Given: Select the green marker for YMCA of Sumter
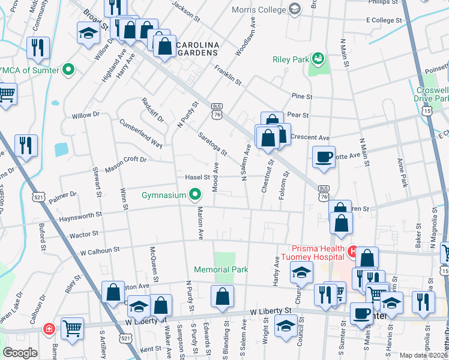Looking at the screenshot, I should click(68, 70).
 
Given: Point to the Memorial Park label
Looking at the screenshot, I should click(220, 270).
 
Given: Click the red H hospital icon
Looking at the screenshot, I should click(353, 249).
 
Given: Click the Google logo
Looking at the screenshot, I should click(20, 353).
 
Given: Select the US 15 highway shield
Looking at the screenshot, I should click(427, 111).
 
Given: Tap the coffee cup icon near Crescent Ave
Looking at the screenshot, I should click(324, 157).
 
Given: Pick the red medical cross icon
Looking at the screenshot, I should click(48, 329).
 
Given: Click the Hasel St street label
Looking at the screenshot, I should click(196, 177).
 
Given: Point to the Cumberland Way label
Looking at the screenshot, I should click(140, 134).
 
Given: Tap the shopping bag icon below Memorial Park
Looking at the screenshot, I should click(222, 296).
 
